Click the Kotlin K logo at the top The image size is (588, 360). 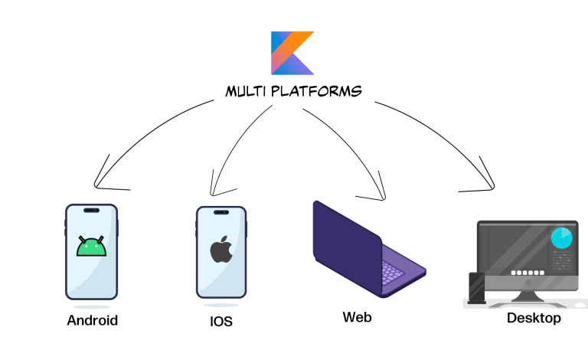pyautogui.click(x=292, y=53)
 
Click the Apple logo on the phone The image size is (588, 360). pyautogui.click(x=221, y=250)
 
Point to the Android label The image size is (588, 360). pyautogui.click(x=93, y=320)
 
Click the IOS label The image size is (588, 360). pyautogui.click(x=221, y=322)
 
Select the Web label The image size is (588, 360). pyautogui.click(x=358, y=316)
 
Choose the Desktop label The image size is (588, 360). pyautogui.click(x=534, y=318)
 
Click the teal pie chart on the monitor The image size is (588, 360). pyautogui.click(x=563, y=237)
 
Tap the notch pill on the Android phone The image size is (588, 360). pyautogui.click(x=92, y=211)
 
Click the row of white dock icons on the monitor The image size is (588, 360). pyautogui.click(x=526, y=273)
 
